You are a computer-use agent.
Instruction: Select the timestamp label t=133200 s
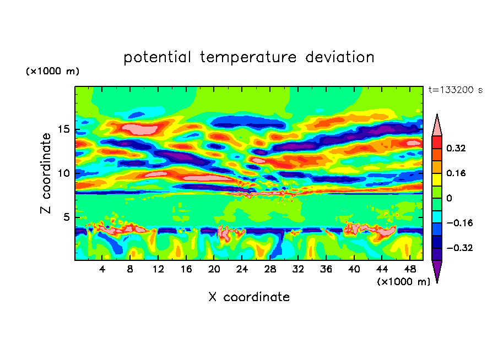click(x=455, y=90)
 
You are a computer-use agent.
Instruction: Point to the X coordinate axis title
click(x=249, y=297)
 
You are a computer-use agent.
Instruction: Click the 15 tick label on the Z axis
click(x=64, y=130)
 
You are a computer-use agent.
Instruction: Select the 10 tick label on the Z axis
click(x=64, y=173)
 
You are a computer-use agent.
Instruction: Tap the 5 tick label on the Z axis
click(x=67, y=217)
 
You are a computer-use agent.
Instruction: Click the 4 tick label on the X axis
click(x=102, y=269)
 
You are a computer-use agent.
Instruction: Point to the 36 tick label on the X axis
click(x=326, y=269)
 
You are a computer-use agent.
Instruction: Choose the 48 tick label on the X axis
click(x=409, y=269)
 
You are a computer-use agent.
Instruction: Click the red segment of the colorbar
click(x=436, y=142)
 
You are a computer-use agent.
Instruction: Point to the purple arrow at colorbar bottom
click(x=436, y=270)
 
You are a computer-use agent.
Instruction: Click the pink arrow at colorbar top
click(x=436, y=126)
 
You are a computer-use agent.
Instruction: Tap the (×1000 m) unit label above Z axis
click(x=52, y=72)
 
